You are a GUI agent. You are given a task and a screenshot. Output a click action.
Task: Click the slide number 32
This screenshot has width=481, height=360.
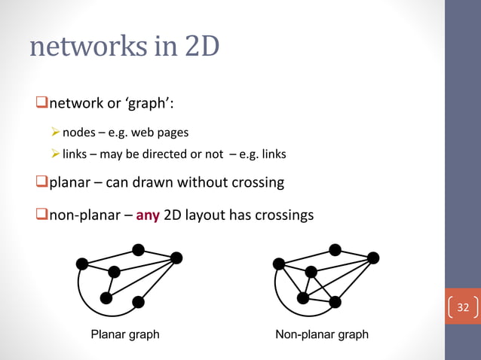click(463, 307)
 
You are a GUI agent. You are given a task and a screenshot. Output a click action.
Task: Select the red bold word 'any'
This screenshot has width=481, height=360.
click(148, 216)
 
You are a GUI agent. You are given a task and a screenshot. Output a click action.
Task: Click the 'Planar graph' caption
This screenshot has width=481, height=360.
click(125, 334)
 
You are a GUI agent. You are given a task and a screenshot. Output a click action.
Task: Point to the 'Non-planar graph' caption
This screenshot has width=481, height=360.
click(322, 334)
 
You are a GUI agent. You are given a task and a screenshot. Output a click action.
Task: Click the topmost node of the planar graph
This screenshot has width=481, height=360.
click(138, 249)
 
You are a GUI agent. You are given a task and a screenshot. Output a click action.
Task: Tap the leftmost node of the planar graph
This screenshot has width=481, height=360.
click(82, 263)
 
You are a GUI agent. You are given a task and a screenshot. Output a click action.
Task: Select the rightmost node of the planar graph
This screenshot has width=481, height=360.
click(176, 258)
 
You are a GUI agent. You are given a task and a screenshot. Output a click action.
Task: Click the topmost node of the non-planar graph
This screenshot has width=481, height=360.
click(335, 249)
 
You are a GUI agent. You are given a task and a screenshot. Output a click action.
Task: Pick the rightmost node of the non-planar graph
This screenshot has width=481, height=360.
click(373, 258)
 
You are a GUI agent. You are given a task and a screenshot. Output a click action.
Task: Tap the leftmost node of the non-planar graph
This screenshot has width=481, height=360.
click(279, 263)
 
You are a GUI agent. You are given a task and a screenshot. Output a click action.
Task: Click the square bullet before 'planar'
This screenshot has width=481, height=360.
click(41, 182)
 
